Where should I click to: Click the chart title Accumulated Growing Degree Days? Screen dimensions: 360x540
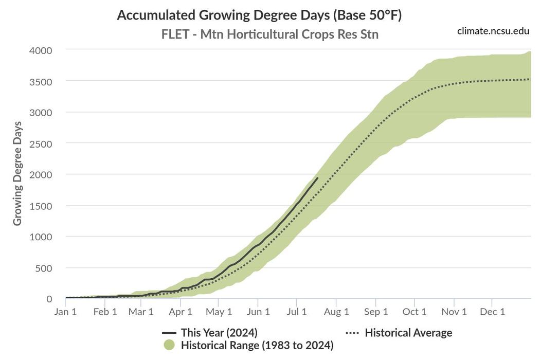(259, 15)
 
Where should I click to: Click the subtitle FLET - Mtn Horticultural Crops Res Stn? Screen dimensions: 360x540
(270, 34)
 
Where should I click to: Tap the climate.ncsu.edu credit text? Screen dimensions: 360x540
(493, 31)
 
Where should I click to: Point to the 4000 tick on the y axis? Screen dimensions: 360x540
(41, 50)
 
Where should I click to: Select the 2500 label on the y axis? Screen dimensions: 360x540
(41, 143)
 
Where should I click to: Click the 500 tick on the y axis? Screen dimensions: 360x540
(44, 268)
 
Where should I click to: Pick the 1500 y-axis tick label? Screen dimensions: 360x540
(41, 206)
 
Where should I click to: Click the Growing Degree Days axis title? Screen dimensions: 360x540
(17, 173)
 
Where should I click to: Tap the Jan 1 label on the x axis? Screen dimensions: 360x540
(65, 312)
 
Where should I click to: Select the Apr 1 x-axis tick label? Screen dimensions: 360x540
(181, 312)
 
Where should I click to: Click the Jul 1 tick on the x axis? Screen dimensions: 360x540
(296, 312)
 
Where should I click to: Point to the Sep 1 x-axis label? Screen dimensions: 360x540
(376, 312)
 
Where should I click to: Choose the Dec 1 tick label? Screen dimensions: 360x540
(492, 312)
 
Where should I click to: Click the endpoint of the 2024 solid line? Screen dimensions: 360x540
(317, 178)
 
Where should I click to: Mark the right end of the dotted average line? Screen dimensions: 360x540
(530, 79)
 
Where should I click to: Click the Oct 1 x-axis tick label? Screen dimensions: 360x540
(415, 312)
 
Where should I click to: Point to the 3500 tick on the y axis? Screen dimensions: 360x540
(41, 81)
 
